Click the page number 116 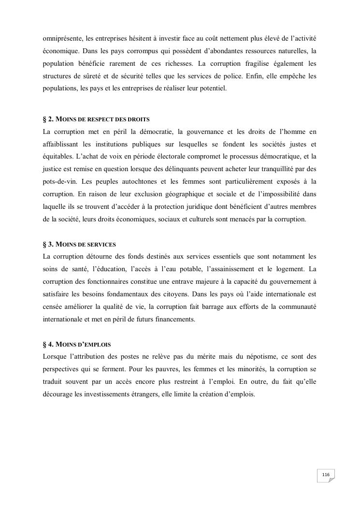pos(325,475)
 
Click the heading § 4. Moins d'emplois pos(77,344)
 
